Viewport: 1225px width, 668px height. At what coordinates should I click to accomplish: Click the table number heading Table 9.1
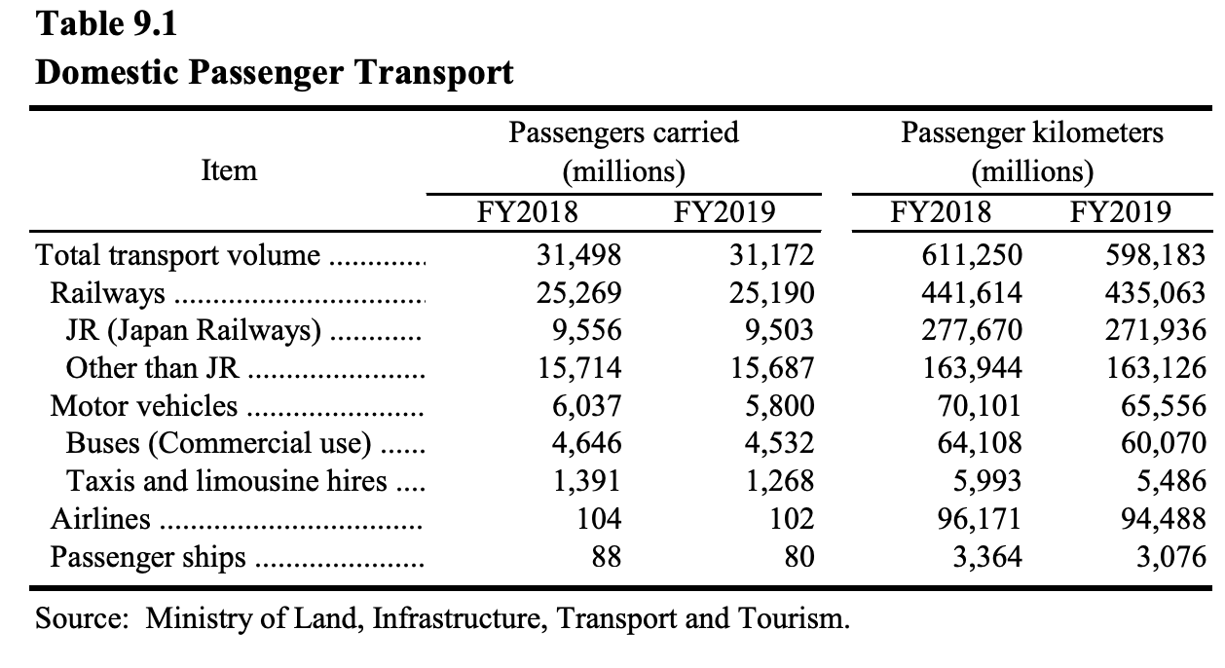[x=106, y=24]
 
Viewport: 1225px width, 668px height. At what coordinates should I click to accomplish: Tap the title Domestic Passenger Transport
[x=274, y=72]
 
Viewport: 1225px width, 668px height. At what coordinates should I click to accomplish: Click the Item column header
[x=229, y=171]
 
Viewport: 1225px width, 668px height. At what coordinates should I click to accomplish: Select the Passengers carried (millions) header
[x=624, y=152]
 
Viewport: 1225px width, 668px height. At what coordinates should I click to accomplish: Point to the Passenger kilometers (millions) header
[x=1032, y=152]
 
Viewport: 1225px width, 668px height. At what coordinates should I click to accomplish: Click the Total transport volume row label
[x=177, y=256]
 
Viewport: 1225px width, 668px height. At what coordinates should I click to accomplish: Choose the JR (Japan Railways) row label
[x=193, y=331]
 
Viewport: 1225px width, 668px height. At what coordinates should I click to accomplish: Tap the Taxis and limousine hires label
[x=226, y=481]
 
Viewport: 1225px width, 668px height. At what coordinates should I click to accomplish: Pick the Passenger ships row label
[x=148, y=557]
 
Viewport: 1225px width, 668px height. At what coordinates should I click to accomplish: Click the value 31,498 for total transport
[x=578, y=256]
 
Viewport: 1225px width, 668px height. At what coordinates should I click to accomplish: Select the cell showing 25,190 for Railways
[x=772, y=294]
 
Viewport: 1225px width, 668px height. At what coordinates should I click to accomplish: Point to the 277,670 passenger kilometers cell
[x=972, y=331]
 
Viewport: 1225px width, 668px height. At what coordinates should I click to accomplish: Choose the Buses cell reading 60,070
[x=1164, y=444]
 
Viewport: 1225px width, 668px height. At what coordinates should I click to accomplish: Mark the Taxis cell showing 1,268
[x=780, y=481]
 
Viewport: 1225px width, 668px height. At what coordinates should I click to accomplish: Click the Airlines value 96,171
[x=979, y=519]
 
